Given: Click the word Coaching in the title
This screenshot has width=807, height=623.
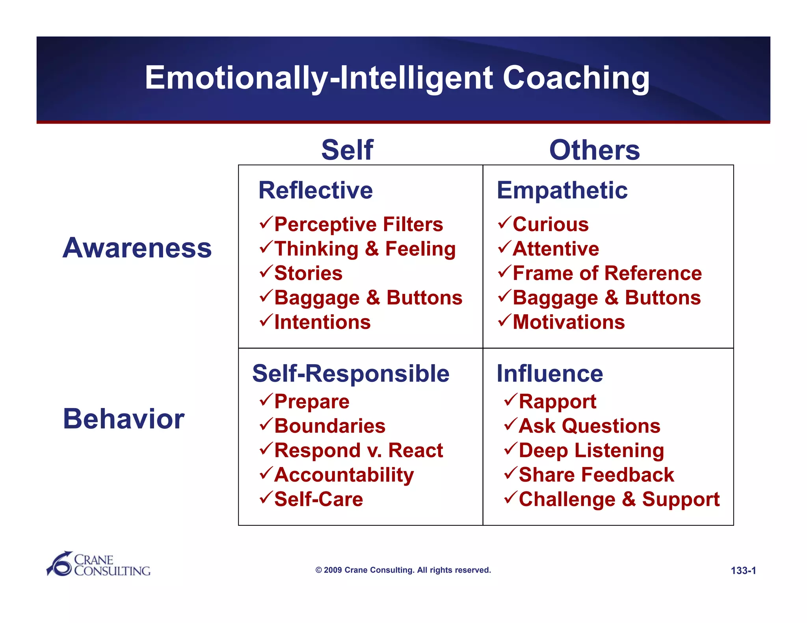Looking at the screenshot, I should [x=576, y=78].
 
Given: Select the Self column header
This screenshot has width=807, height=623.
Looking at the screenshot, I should [x=347, y=150].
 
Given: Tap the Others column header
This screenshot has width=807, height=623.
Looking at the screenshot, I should [x=594, y=150].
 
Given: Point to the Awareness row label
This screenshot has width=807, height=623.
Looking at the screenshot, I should [x=137, y=248].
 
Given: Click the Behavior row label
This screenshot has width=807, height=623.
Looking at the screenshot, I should [x=124, y=419].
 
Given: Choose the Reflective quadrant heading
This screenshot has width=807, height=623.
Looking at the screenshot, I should [x=315, y=190].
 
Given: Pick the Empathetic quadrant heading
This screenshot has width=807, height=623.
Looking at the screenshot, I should [x=562, y=190].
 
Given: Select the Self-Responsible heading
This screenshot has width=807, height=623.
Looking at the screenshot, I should [x=351, y=373].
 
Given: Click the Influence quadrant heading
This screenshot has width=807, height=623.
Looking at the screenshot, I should [x=550, y=373].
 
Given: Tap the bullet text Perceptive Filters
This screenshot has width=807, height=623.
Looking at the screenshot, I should [x=359, y=224].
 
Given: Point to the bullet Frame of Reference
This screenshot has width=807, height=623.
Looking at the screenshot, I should [x=607, y=273].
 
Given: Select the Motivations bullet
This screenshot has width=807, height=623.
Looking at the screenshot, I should [x=569, y=322].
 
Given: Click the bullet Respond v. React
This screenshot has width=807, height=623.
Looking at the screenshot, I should [x=359, y=450].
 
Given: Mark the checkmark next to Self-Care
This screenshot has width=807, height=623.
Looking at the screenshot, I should [x=266, y=497].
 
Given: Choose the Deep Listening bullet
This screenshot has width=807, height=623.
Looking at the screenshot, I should [x=591, y=450].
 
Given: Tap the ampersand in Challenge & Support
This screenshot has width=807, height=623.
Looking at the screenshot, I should [x=629, y=499].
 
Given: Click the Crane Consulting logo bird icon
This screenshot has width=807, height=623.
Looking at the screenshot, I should [x=59, y=564].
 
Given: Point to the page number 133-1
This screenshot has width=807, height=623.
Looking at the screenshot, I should [x=743, y=571].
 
